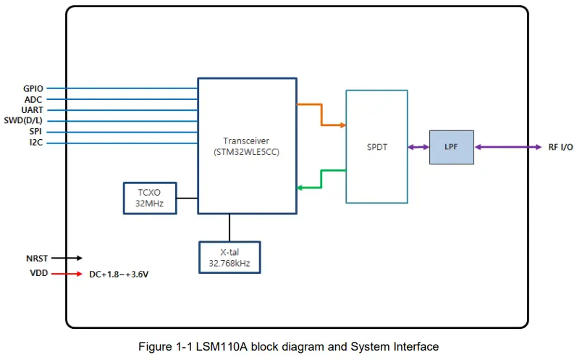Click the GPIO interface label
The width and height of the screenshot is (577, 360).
[33, 88]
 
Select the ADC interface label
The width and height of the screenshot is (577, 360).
[33, 99]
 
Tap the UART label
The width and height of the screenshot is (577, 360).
[32, 110]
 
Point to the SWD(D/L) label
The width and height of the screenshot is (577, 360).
[23, 120]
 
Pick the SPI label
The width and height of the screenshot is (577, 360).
[35, 131]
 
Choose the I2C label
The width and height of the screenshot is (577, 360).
[36, 143]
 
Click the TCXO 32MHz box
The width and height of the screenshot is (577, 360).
[150, 198]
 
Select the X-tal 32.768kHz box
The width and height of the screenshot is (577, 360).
[229, 257]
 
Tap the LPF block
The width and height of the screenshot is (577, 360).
[452, 147]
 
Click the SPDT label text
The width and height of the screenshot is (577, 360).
[376, 147]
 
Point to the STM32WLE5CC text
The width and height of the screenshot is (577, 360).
[247, 152]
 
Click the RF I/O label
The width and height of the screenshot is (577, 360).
[560, 147]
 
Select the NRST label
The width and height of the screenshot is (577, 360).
[37, 259]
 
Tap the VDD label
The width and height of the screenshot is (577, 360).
[39, 273]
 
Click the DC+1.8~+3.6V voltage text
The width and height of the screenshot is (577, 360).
[119, 275]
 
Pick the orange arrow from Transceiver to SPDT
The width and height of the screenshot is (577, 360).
[321, 114]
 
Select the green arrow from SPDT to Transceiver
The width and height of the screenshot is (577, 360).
[321, 179]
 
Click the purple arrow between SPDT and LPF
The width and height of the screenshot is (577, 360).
[418, 147]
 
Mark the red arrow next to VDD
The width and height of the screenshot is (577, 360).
[67, 274]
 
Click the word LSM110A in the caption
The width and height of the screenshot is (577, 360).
[222, 347]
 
